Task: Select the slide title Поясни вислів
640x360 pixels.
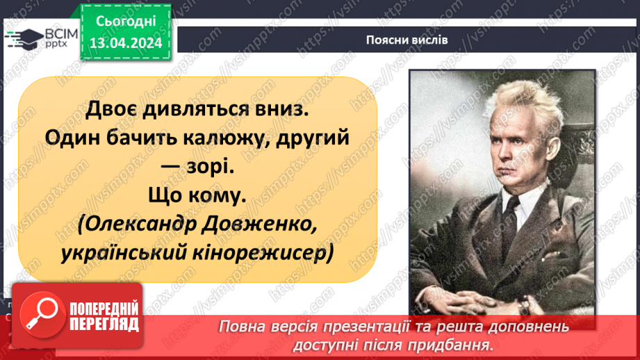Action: tap(407, 40)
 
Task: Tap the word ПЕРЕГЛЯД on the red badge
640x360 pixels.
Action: tap(102, 323)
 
